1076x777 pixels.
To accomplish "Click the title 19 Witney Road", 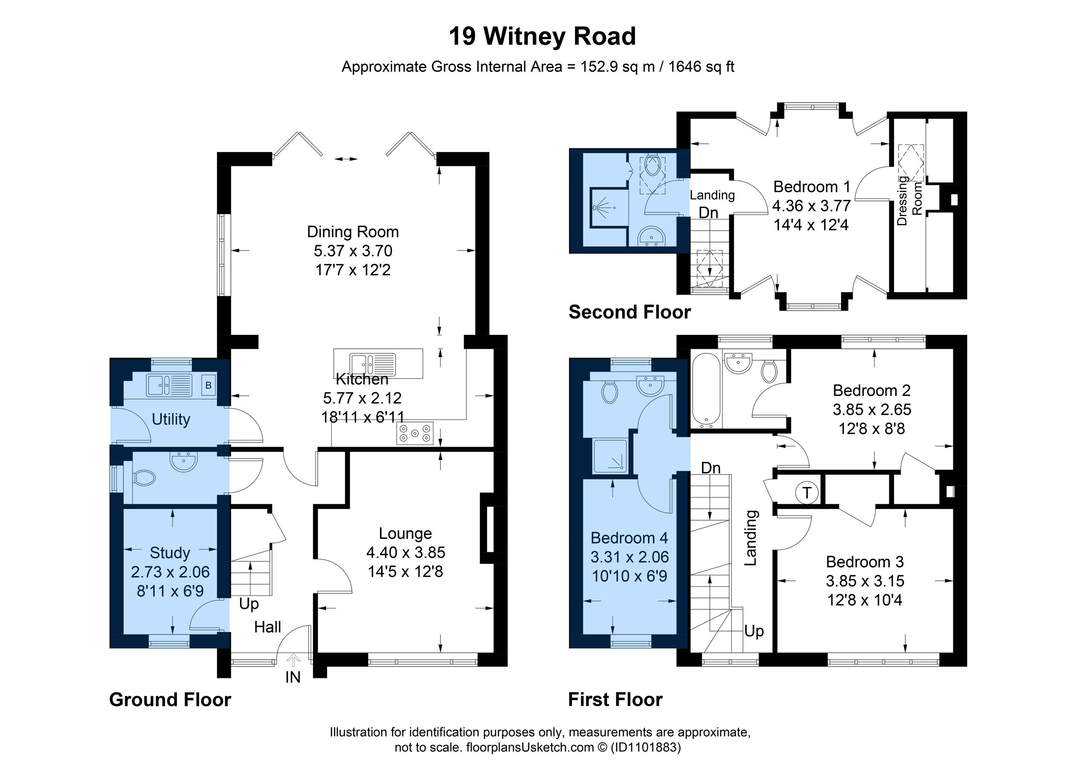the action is point(542,37).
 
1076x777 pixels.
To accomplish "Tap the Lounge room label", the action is point(405,533).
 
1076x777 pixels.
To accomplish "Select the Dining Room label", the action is point(353,232).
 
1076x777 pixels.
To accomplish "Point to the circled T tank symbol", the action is point(807,493).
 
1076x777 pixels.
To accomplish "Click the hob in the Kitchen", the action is point(415,433).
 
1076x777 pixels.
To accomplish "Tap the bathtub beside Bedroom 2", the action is point(707,390).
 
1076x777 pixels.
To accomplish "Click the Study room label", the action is point(170,553).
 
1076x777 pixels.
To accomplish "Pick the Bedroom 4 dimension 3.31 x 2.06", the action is point(630,557).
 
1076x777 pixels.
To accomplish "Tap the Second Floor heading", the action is point(630,312).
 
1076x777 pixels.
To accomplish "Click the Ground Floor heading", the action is point(170,700).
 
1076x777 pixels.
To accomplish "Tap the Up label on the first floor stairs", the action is point(754,631).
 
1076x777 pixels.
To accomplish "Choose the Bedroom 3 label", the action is point(865,562).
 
